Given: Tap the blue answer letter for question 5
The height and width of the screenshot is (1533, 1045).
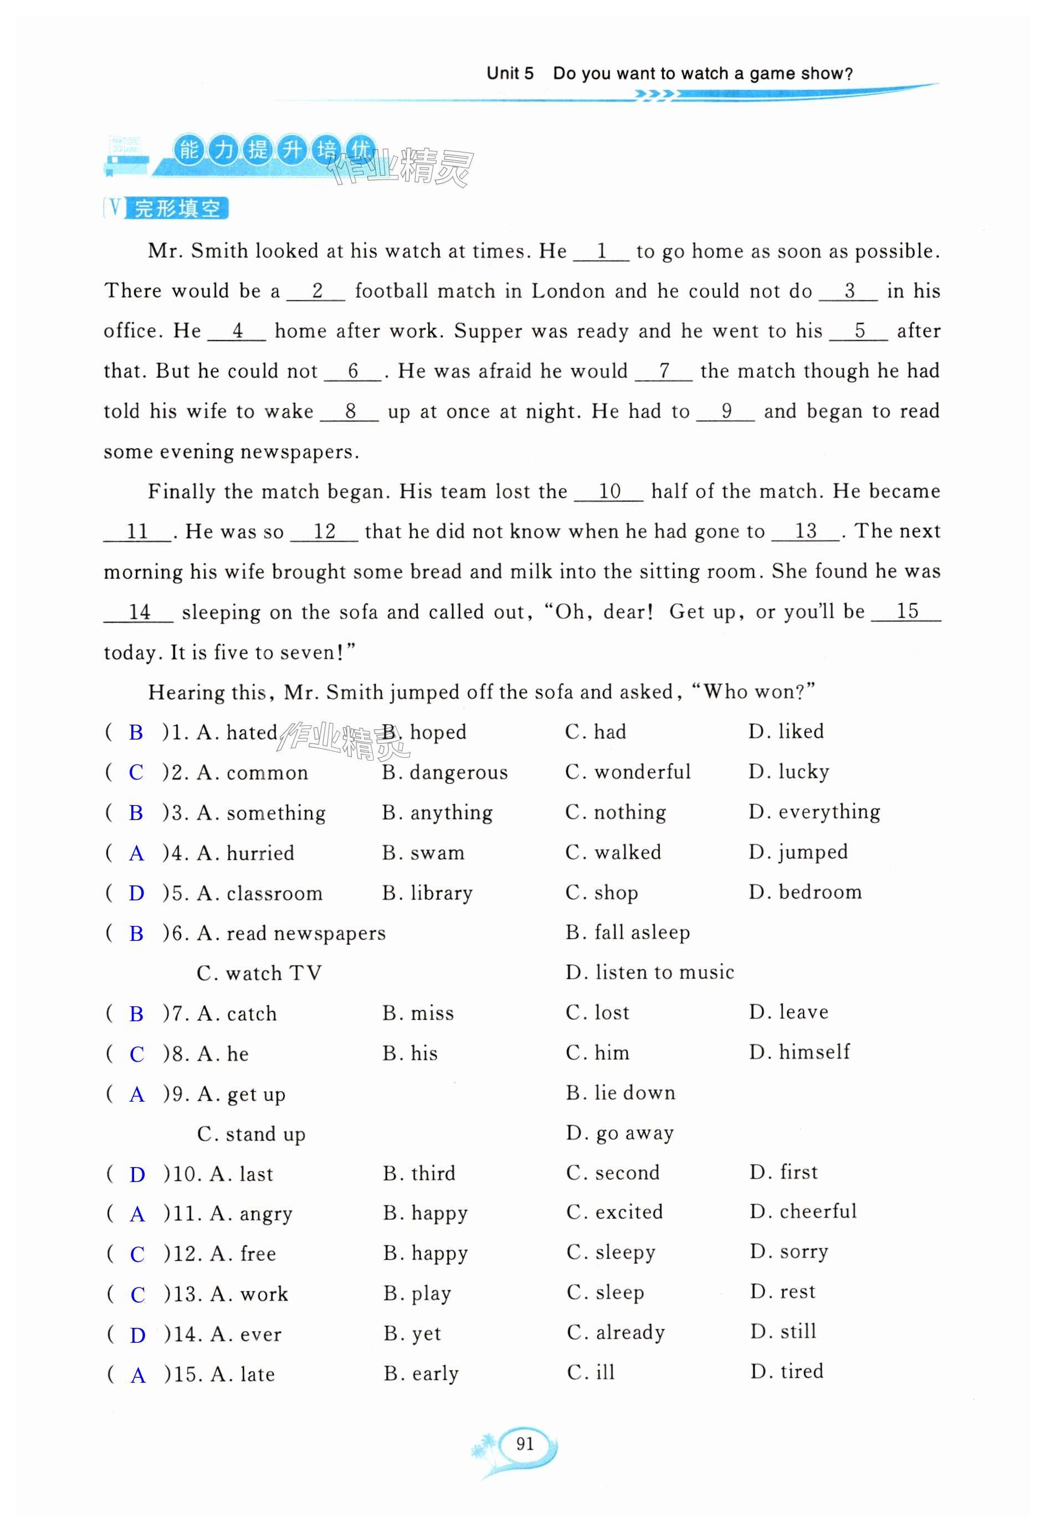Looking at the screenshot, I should [136, 893].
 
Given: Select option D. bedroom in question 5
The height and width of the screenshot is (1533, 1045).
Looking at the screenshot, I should [805, 893].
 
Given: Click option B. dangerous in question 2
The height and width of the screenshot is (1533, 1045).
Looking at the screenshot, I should [445, 772].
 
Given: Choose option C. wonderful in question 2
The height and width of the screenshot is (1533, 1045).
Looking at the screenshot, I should [628, 772].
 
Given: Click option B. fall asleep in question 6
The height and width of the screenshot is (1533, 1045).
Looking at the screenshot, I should [628, 932].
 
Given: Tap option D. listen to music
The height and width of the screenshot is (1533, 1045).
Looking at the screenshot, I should [649, 972].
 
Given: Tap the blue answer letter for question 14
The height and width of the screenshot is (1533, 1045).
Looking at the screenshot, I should [138, 1335].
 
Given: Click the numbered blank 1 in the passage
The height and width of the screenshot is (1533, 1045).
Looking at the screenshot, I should [601, 252].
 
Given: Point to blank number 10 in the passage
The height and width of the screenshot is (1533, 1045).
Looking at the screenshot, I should [609, 491].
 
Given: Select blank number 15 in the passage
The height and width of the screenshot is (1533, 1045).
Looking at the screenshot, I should [906, 612].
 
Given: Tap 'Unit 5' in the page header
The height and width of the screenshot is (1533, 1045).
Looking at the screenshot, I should [510, 73].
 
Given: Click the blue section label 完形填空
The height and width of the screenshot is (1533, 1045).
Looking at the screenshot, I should [177, 208].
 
